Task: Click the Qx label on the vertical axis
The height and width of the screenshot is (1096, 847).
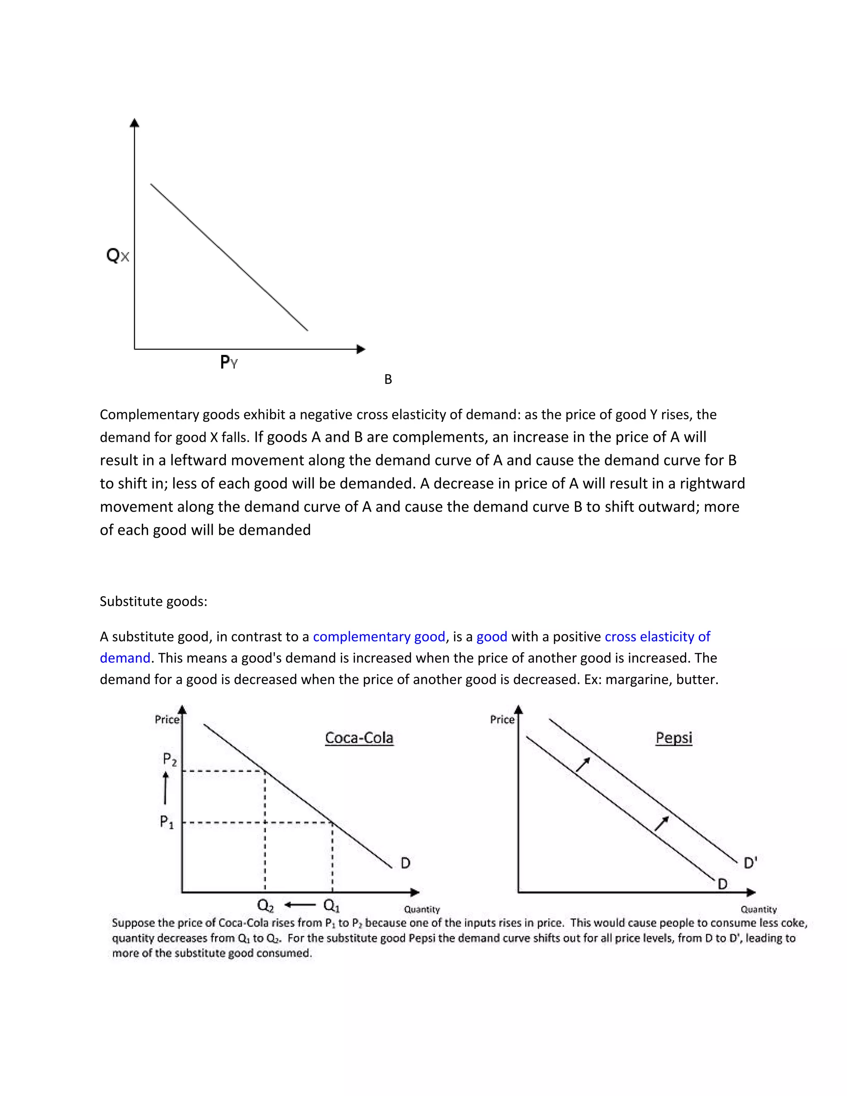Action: point(117,256)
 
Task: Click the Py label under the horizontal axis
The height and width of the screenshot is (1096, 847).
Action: point(228,362)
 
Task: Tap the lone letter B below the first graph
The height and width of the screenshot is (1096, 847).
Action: point(388,379)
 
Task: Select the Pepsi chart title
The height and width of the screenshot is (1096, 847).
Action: point(673,738)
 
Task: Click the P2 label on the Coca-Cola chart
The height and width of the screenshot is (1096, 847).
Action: point(170,759)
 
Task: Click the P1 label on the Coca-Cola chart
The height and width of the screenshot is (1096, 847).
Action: point(167,822)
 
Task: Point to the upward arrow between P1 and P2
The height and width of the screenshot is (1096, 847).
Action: point(165,788)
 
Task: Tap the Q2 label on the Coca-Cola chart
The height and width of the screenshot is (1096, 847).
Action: point(266,905)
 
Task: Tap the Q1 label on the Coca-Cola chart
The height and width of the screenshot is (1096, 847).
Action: point(332,905)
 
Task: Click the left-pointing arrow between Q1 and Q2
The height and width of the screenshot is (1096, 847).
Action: point(299,905)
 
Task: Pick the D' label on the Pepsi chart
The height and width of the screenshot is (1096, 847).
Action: point(750,863)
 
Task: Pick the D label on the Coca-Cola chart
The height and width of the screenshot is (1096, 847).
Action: point(405,863)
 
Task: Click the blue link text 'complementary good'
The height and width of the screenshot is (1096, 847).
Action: point(379,637)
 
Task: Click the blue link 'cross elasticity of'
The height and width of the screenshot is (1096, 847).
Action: point(657,637)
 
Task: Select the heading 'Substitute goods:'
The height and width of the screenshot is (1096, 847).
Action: point(153,601)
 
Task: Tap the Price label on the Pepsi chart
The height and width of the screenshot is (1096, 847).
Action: point(502,720)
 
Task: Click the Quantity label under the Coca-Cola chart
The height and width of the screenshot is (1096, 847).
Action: point(421,909)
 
